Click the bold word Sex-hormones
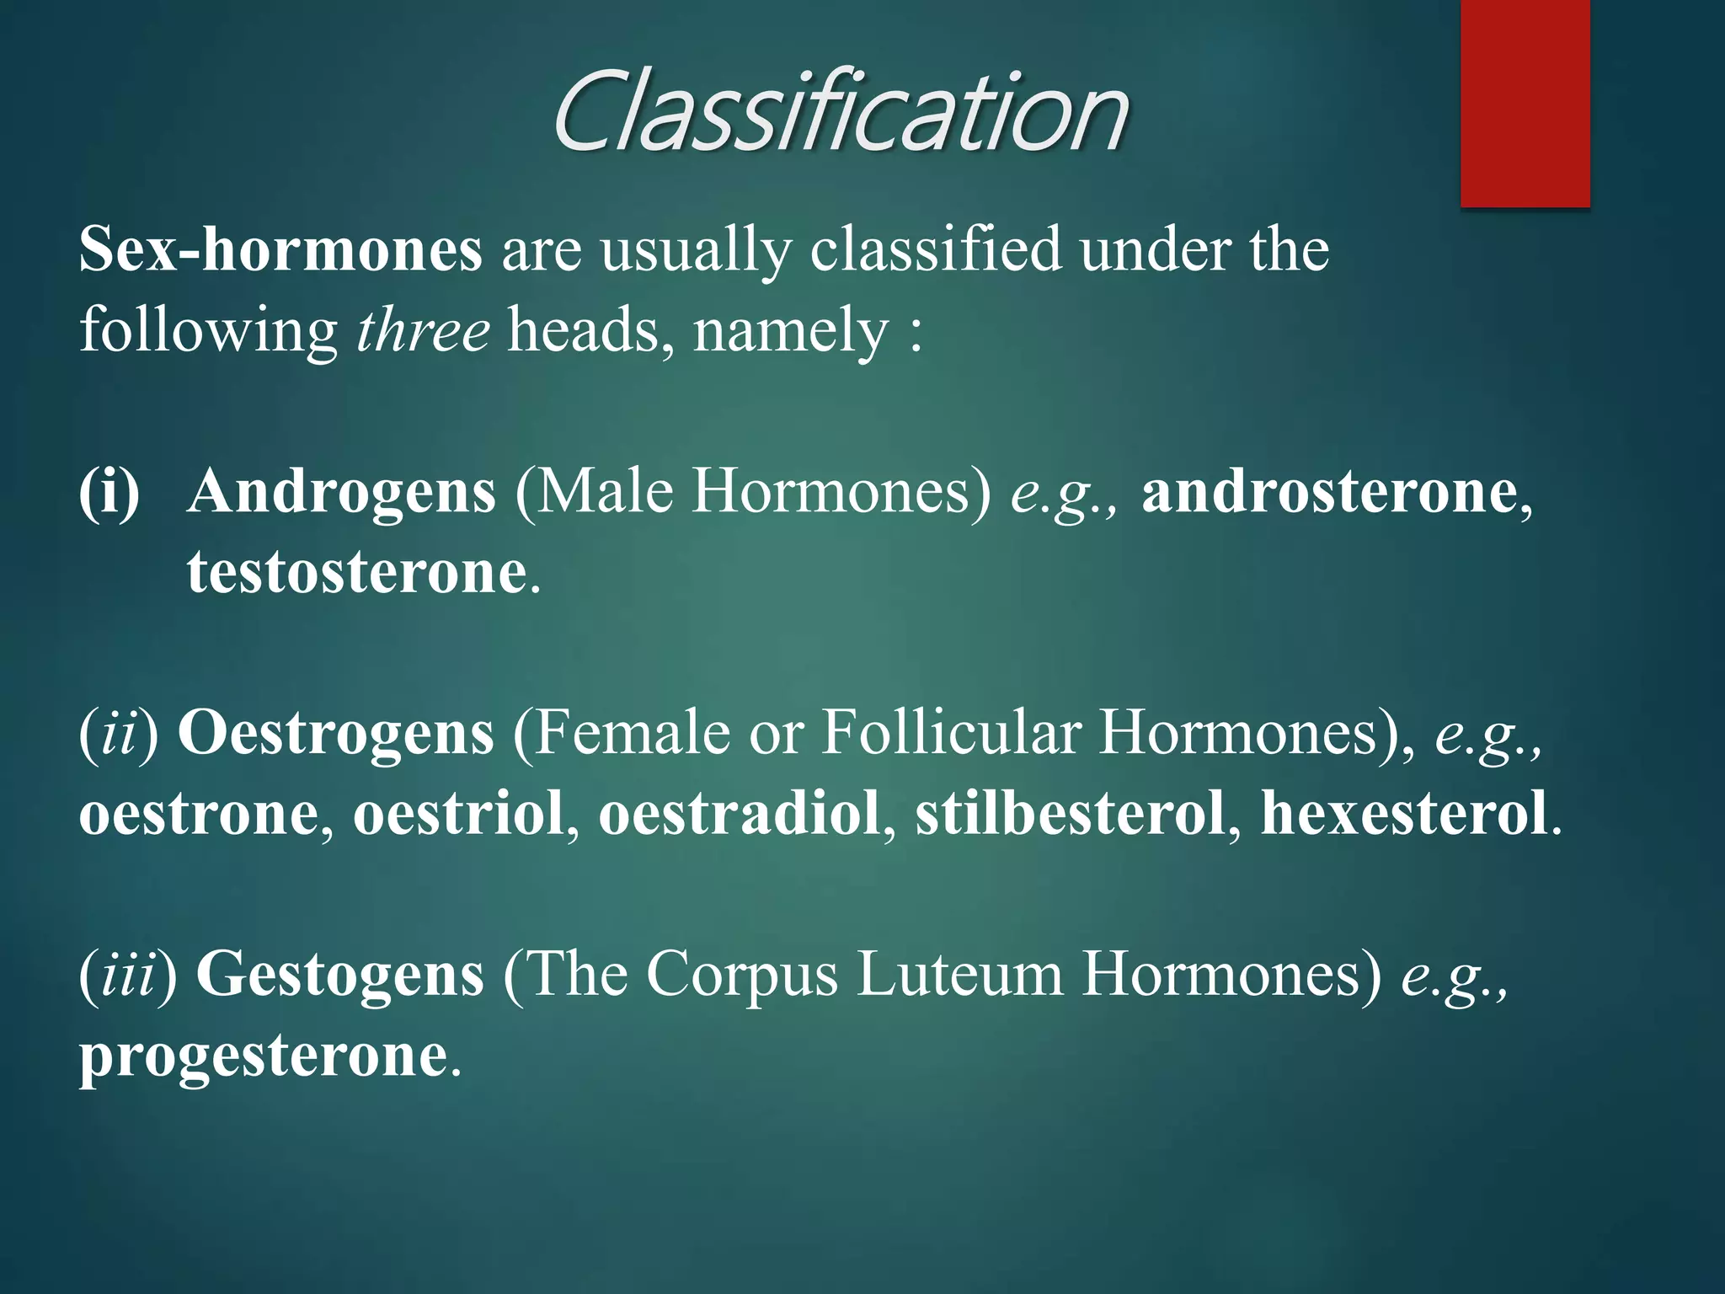pyautogui.click(x=280, y=250)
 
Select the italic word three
pyautogui.click(x=423, y=330)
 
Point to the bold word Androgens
pyautogui.click(x=342, y=491)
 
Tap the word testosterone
pyautogui.click(x=357, y=572)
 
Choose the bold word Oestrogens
pyautogui.click(x=336, y=733)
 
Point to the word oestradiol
pyautogui.click(x=740, y=814)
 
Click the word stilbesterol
pyautogui.click(x=1071, y=814)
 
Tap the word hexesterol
pyautogui.click(x=1404, y=814)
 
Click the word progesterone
pyautogui.click(x=264, y=1056)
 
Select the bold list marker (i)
pyautogui.click(x=109, y=491)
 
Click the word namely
pyautogui.click(x=791, y=330)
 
